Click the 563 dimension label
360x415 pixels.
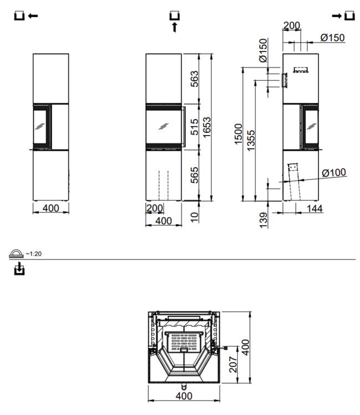(x=194, y=79)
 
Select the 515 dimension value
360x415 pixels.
(x=194, y=126)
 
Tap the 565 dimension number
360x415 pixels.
(x=194, y=174)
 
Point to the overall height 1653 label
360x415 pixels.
(x=207, y=127)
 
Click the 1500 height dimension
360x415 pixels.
(x=238, y=133)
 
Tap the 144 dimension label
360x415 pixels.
(x=314, y=208)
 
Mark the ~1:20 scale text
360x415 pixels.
(x=34, y=254)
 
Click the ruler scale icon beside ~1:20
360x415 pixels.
(x=17, y=254)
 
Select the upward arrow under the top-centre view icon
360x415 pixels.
(x=175, y=27)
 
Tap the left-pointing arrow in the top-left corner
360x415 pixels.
(x=33, y=16)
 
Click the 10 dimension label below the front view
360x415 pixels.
(x=194, y=216)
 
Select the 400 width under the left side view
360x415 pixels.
(x=50, y=208)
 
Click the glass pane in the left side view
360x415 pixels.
(x=40, y=126)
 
